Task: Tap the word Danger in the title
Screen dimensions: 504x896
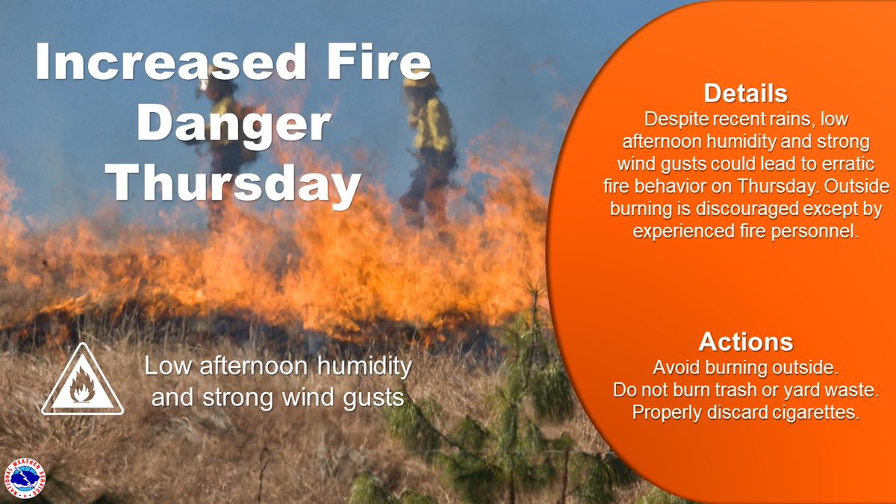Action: (233, 125)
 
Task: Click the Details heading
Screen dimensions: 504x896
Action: (745, 94)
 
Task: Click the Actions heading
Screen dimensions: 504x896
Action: (745, 343)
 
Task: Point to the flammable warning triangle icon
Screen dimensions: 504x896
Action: (82, 382)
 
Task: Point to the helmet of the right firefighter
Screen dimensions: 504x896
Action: (420, 81)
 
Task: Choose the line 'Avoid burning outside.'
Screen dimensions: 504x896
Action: (745, 367)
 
